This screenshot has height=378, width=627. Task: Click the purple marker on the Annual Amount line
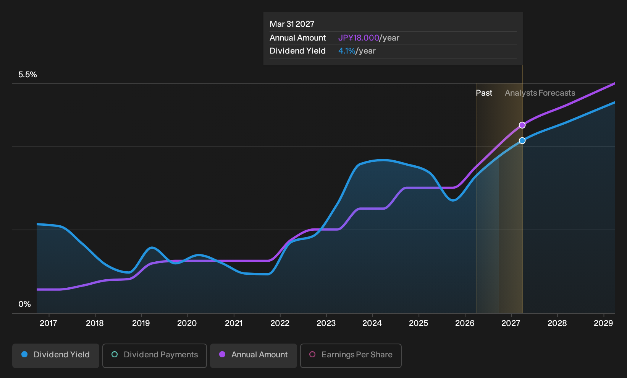tap(522, 125)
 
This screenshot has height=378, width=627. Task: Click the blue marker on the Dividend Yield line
tap(522, 140)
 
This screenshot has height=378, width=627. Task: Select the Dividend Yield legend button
tap(56, 355)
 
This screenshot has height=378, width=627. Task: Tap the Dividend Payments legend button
tap(155, 355)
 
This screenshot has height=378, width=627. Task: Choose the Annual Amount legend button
tap(253, 355)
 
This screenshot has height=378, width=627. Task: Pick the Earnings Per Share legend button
tap(351, 355)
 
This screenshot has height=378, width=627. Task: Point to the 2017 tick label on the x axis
tap(48, 323)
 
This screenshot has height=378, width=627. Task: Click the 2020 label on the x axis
tap(187, 323)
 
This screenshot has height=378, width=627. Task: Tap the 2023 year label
tap(326, 323)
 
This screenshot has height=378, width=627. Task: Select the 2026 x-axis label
tap(465, 323)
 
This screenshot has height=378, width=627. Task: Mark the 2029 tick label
tap(603, 323)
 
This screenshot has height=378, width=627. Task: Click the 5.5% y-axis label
tap(27, 75)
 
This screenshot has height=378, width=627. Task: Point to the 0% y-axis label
tap(25, 304)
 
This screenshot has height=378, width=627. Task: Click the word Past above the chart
tap(484, 93)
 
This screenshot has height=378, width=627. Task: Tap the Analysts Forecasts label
tap(540, 93)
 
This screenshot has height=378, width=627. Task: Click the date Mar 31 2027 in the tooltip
tap(292, 24)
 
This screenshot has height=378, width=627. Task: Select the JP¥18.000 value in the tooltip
tap(359, 38)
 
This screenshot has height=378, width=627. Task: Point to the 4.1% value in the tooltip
tap(347, 51)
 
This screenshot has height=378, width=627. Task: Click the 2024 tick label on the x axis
tap(372, 323)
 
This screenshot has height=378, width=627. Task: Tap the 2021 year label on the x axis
tap(233, 323)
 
